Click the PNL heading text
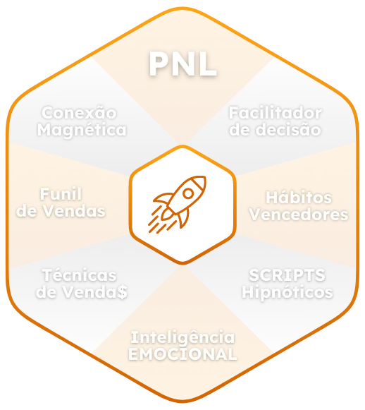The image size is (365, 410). click(x=182, y=64)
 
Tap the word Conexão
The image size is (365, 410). click(x=79, y=112)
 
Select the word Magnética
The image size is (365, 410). click(x=82, y=130)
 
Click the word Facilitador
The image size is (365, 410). click(x=276, y=113)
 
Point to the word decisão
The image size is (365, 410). click(x=288, y=130)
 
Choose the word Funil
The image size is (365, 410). click(x=61, y=194)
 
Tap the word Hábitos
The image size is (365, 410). click(x=299, y=197)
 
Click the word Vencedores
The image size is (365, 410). click(x=299, y=215)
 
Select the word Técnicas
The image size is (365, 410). click(x=80, y=275)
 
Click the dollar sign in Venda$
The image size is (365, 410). click(x=122, y=292)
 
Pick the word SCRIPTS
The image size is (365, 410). click(x=287, y=275)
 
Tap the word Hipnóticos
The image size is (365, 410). click(x=287, y=292)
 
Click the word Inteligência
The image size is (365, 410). click(x=182, y=337)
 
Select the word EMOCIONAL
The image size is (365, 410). click(x=182, y=354)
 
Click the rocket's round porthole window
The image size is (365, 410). click(x=188, y=193)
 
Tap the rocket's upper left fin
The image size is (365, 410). click(x=162, y=199)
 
